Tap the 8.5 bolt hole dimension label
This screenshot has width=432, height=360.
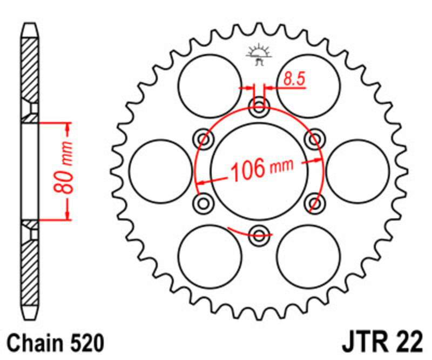pyautogui.click(x=294, y=79)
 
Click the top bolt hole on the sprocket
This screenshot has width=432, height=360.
pyautogui.click(x=259, y=106)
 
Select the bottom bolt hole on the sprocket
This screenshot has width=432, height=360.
pyautogui.click(x=259, y=235)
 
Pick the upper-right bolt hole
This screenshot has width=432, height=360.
pyautogui.click(x=314, y=138)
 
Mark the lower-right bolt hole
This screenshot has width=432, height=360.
pyautogui.click(x=314, y=203)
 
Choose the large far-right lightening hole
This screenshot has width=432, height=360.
pyautogui.click(x=357, y=171)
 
